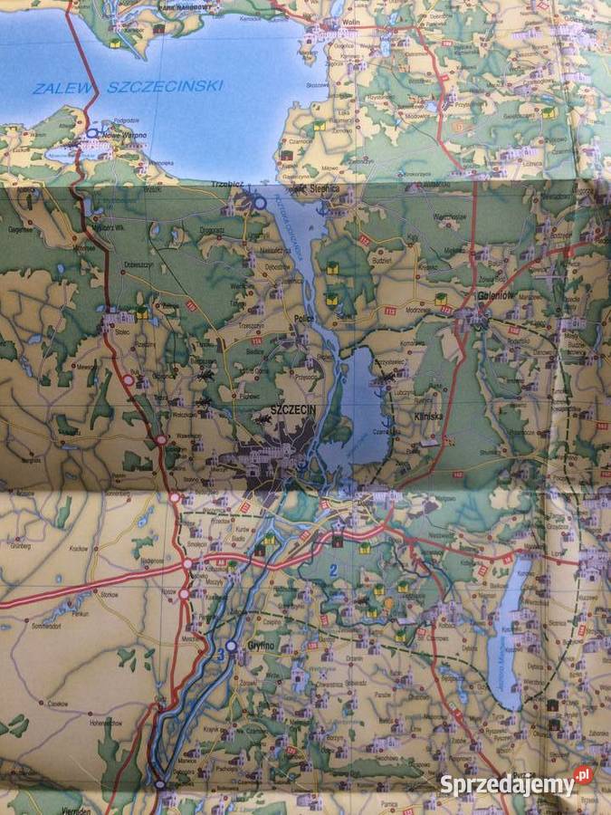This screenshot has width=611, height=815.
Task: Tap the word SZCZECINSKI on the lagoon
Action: (165, 87)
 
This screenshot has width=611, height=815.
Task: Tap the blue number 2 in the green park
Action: (333, 570)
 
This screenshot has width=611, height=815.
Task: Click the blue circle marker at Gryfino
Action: (232, 646)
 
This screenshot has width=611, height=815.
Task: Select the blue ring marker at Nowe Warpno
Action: (91, 133)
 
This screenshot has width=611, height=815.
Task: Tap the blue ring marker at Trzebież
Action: (260, 203)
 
